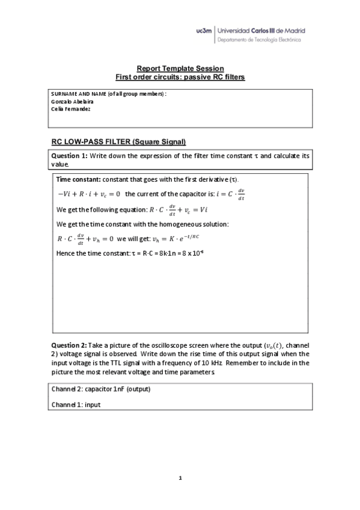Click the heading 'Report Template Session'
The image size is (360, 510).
tap(180, 69)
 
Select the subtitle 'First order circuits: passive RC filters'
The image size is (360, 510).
tap(180, 78)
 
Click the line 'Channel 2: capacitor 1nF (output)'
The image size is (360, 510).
tap(100, 389)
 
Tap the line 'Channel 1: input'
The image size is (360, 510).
tap(76, 405)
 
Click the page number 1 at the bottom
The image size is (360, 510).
tap(180, 478)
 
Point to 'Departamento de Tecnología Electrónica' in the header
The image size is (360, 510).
tap(258, 40)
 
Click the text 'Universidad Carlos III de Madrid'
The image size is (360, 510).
tap(260, 30)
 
